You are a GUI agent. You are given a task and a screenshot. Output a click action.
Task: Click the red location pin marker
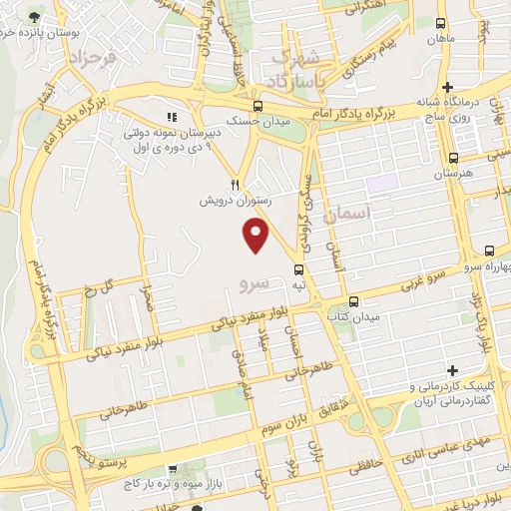[256, 236]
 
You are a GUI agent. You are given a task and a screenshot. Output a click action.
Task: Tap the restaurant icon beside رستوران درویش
[236, 184]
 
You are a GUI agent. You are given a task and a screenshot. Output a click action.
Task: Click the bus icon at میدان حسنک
[258, 106]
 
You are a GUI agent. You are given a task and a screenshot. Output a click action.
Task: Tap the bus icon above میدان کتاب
[353, 300]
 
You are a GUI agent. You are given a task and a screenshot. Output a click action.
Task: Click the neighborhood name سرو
[255, 283]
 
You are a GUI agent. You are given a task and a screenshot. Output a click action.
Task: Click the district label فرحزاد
[92, 59]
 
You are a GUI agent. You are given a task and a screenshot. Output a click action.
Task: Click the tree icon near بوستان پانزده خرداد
[35, 18]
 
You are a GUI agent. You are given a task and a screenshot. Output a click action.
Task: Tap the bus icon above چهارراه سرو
[489, 252]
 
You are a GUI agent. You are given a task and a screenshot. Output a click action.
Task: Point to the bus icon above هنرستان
[453, 158]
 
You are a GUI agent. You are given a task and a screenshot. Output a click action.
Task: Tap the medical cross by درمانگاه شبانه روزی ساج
[448, 88]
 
